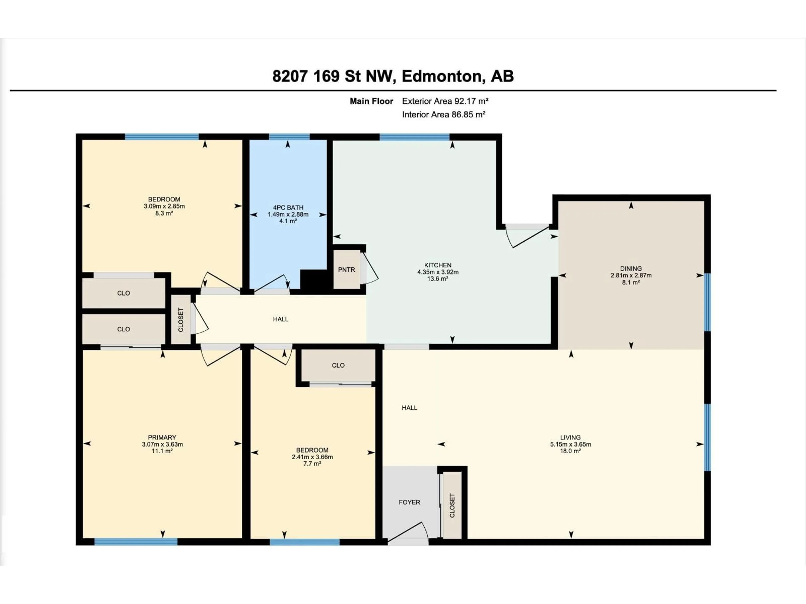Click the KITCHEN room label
tap(438, 265)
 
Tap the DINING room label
tap(631, 268)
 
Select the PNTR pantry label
tap(346, 270)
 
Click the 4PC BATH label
tap(288, 208)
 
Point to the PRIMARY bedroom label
tap(162, 437)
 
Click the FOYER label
tap(409, 502)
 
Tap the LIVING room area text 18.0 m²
tap(570, 451)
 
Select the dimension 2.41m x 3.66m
tap(312, 457)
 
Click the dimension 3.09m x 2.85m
tap(164, 206)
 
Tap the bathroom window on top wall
tap(289, 137)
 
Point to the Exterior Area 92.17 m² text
tap(445, 101)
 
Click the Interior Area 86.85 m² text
tap(444, 115)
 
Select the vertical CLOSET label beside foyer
tap(452, 505)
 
